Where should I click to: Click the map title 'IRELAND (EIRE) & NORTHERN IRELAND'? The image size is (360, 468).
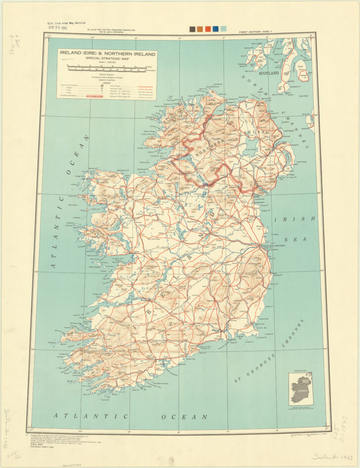(x=106, y=53)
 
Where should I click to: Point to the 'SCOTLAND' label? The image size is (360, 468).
(x=269, y=73)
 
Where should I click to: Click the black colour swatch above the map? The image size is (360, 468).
(x=192, y=29)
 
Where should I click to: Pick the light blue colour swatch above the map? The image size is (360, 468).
(x=224, y=29)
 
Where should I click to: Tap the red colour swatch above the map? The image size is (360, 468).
(x=208, y=29)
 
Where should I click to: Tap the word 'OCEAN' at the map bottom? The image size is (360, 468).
(x=190, y=417)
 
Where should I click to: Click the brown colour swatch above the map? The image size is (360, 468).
(x=200, y=29)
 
